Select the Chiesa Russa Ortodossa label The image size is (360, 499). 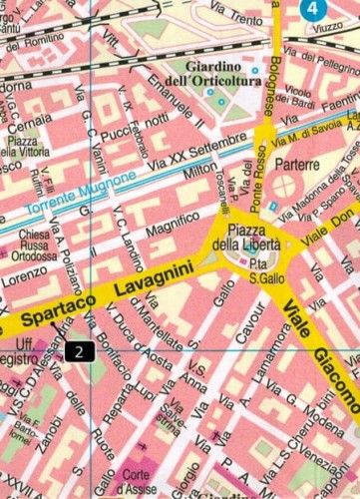point(41,247)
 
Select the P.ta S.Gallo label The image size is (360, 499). point(261,268)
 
